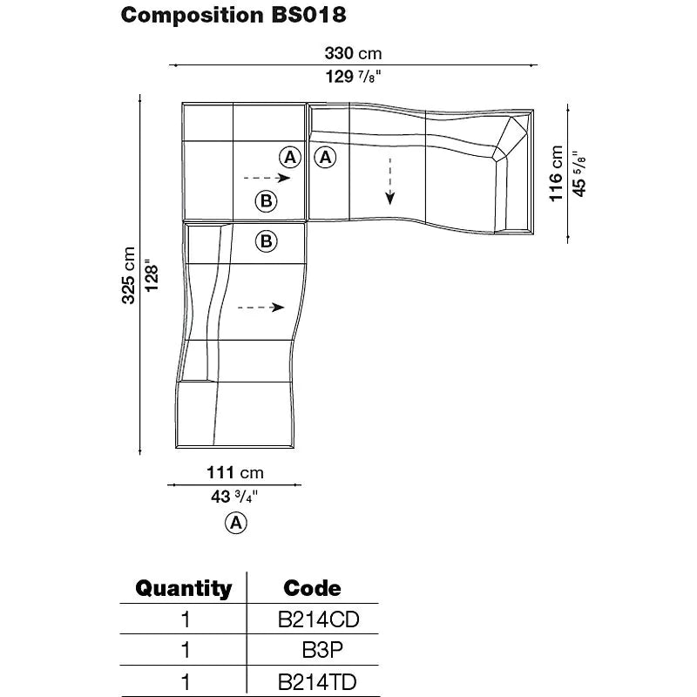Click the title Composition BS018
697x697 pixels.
[233, 15]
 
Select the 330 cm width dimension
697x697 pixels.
[354, 54]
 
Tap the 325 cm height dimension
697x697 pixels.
[128, 275]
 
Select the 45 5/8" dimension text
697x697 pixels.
[578, 174]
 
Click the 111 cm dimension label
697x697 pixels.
[234, 473]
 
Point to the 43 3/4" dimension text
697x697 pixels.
[234, 497]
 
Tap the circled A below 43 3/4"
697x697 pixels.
[235, 523]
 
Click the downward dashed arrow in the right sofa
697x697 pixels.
[390, 181]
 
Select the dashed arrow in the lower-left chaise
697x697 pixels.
[261, 307]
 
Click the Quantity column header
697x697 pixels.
[184, 588]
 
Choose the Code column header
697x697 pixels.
[313, 588]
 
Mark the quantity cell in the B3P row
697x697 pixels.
[184, 650]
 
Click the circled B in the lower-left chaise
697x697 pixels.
[267, 240]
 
